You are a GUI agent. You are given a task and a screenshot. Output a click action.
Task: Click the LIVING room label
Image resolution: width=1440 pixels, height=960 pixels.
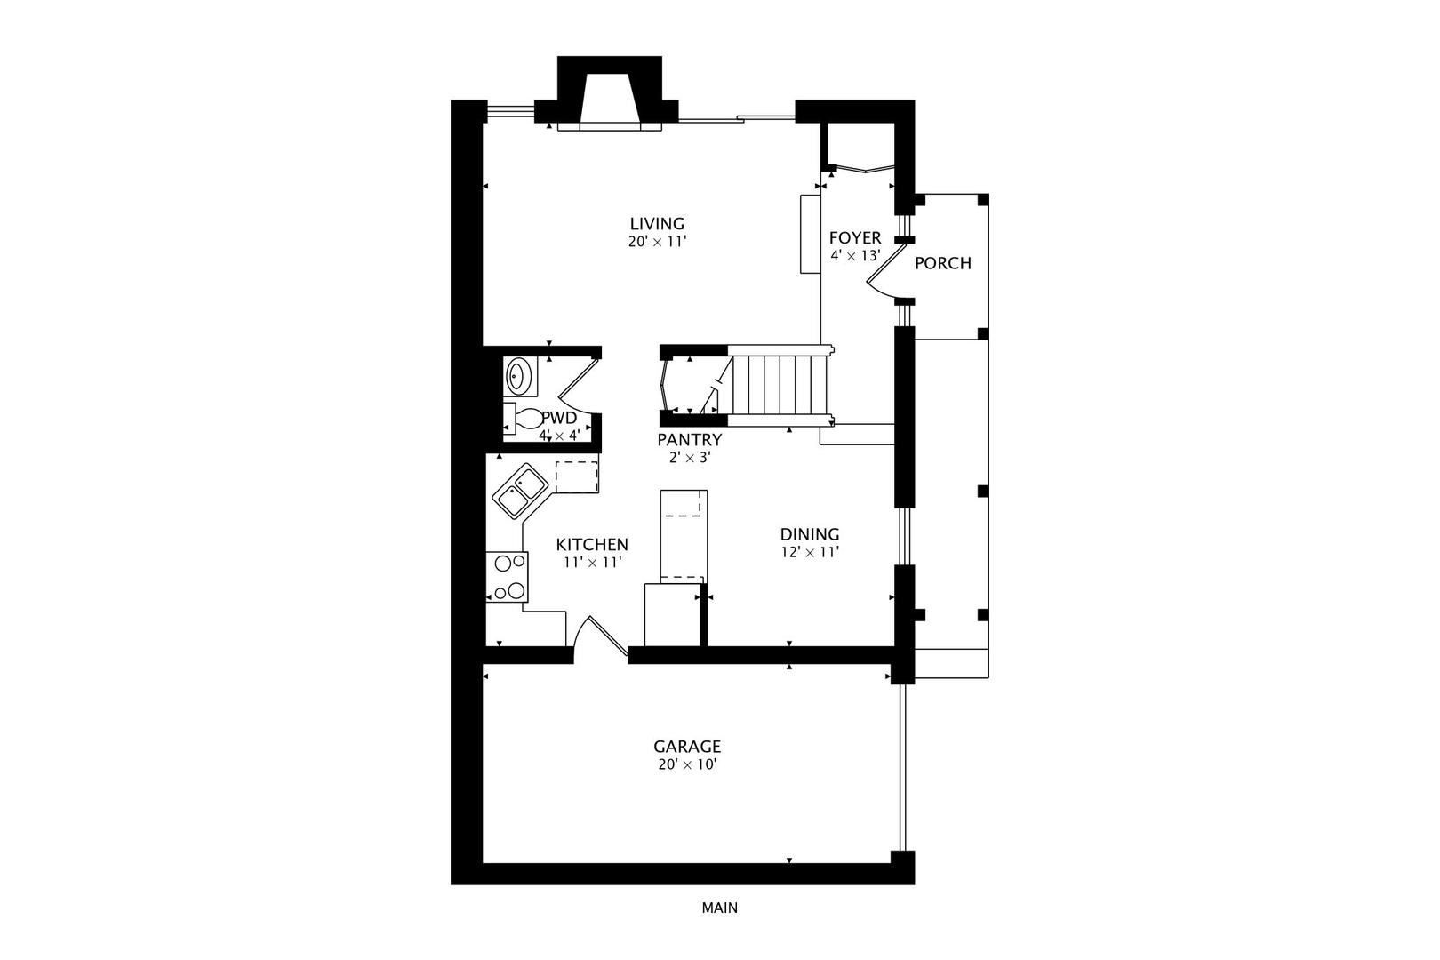657,224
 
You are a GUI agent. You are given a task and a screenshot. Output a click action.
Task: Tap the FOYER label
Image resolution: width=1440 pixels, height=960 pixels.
855,238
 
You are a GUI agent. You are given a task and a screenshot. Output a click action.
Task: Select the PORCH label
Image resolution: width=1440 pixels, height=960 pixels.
942,263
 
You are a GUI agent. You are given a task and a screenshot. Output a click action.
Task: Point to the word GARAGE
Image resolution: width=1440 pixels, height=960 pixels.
687,747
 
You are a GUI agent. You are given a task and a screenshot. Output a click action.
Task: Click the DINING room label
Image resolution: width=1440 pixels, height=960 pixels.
810,534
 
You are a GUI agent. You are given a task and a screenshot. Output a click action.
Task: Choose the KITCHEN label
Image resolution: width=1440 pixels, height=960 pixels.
592,545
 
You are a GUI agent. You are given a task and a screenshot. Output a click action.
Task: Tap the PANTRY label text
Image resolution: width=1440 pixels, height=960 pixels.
689,440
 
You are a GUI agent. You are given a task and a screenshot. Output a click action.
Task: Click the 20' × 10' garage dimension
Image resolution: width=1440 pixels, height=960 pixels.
687,764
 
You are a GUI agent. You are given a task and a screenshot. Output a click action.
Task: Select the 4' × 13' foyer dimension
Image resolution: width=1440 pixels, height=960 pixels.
855,255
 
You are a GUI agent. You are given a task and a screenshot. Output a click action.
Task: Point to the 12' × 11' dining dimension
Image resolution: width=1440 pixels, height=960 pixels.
810,552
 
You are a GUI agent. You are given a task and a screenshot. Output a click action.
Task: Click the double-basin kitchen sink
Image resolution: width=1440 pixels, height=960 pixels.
520,491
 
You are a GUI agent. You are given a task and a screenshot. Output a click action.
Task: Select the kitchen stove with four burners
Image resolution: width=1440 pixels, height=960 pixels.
508,577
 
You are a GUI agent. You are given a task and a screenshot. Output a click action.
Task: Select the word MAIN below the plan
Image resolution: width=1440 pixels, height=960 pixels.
719,908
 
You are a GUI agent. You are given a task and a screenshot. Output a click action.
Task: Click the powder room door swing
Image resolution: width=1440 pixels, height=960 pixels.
577,389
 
